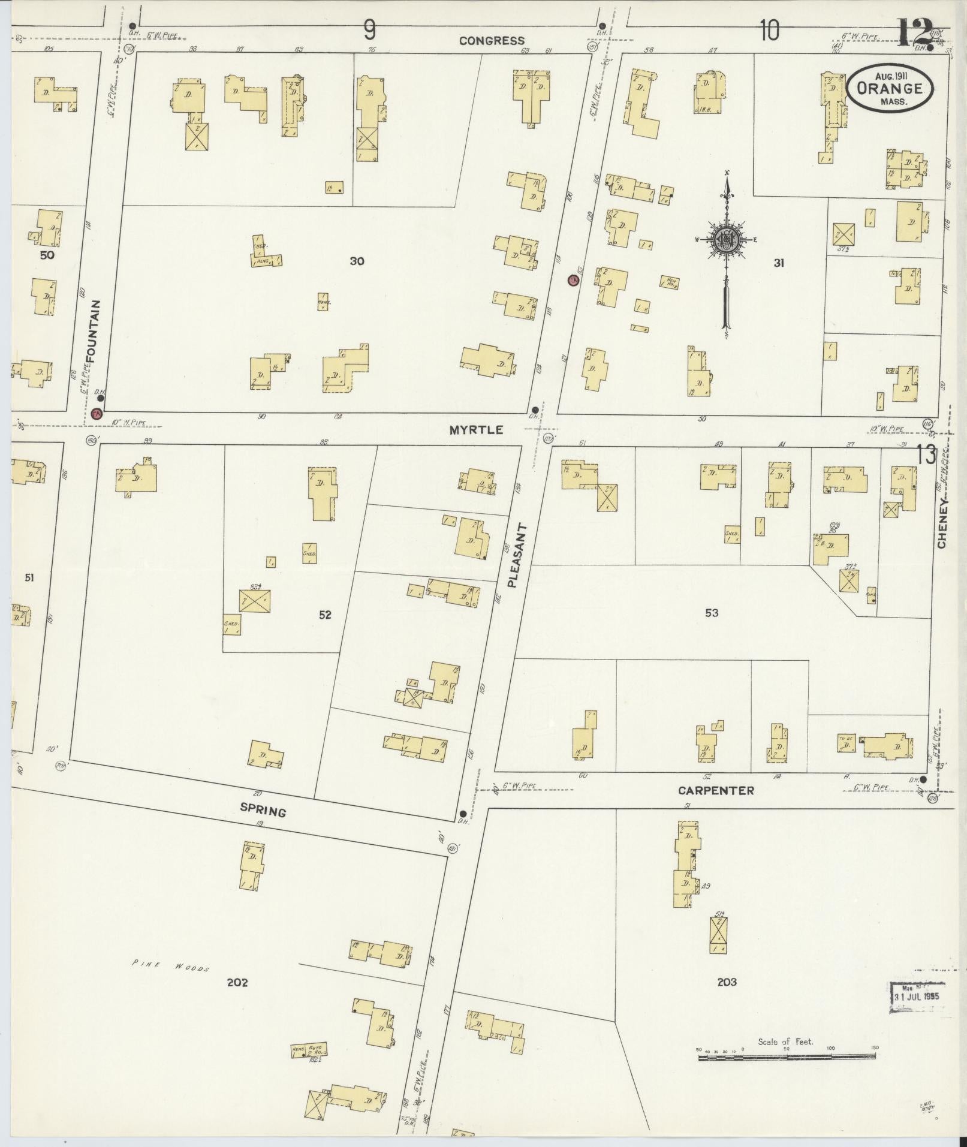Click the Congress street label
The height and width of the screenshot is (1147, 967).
pos(492,41)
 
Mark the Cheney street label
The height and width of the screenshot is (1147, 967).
pos(942,522)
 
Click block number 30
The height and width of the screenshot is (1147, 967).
pos(357,261)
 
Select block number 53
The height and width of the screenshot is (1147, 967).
pos(712,613)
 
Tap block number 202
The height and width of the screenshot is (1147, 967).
pos(237,982)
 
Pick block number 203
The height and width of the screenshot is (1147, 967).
pos(726,982)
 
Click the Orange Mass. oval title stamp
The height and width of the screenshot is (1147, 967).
pos(890,88)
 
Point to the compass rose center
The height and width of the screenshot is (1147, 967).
pos(726,240)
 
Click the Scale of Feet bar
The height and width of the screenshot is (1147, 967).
pos(787,1058)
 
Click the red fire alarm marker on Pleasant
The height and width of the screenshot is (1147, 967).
pos(573,280)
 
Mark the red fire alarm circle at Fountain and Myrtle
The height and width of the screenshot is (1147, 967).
pos(97,413)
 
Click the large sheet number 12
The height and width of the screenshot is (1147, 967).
pos(915,32)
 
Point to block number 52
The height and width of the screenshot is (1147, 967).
pos(325,615)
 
